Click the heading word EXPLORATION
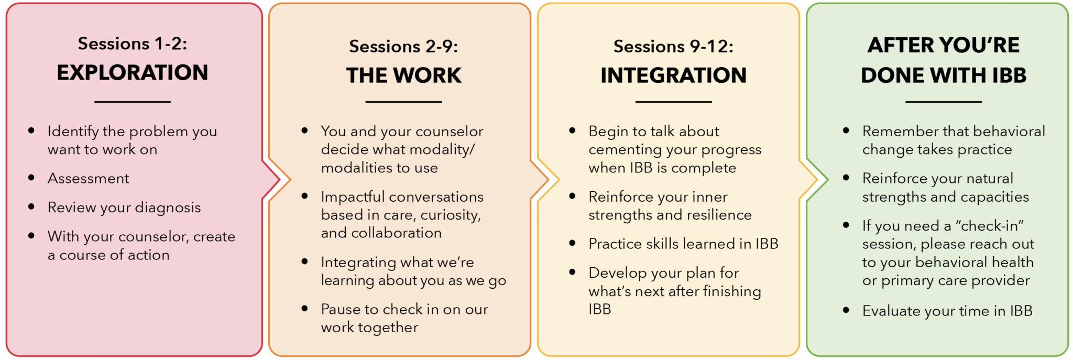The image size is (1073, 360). coord(133,73)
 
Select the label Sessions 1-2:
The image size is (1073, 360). coord(133,43)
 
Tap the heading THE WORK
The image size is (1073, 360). coord(403,75)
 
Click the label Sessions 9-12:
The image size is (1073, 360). coord(673,47)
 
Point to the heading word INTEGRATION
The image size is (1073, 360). coord(673,75)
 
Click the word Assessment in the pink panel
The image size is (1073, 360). coord(88,179)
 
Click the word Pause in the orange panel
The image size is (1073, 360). coord(341,310)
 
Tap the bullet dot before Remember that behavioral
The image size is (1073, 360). coord(846,130)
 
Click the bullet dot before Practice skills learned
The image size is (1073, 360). coord(572,243)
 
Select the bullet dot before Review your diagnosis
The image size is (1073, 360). coord(31,207)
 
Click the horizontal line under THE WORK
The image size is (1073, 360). coord(403,102)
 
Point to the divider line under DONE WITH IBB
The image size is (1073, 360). coord(943,102)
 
